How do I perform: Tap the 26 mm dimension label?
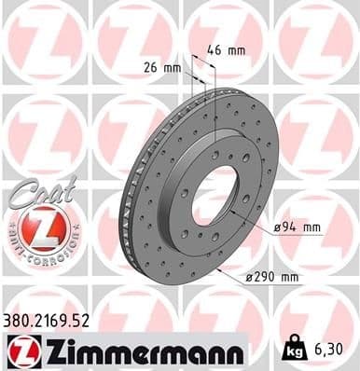[x=161, y=67]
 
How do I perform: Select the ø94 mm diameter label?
[x=298, y=227]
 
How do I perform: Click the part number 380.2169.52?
[x=52, y=321]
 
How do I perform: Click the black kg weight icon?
[x=294, y=350]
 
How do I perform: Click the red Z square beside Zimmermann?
[x=19, y=350]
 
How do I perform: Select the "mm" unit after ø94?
[x=311, y=227]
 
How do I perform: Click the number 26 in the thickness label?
[x=150, y=67]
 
